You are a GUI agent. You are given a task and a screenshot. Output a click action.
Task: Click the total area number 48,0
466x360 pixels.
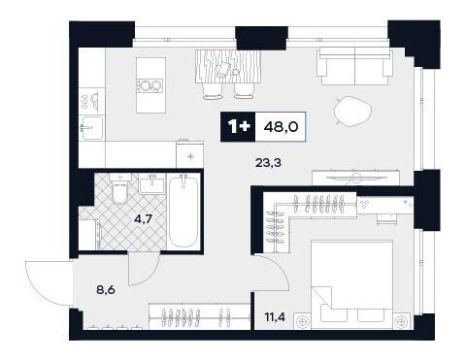(281, 127)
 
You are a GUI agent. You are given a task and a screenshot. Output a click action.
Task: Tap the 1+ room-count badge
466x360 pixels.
(238, 127)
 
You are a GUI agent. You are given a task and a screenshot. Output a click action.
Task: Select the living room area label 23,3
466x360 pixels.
(268, 163)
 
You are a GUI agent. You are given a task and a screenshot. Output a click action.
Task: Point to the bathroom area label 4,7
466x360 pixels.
(144, 219)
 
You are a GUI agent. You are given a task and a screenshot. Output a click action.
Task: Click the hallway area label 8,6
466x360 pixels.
(106, 289)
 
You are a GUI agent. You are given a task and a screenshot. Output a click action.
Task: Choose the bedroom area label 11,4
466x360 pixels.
(275, 317)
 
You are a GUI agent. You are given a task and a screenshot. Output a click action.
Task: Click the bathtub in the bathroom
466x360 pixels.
(183, 211)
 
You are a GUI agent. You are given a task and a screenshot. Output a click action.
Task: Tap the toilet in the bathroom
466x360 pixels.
(119, 189)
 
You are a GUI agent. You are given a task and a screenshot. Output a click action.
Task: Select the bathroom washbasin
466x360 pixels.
(152, 183)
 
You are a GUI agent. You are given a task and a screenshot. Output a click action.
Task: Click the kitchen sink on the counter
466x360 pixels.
(92, 127)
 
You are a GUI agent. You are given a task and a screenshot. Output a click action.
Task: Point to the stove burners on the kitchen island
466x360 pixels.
(149, 86)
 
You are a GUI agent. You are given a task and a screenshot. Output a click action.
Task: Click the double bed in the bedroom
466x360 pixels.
(351, 284)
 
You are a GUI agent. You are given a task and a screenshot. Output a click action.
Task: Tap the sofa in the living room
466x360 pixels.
(355, 66)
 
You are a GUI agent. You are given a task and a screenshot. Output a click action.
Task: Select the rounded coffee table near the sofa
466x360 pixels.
(352, 112)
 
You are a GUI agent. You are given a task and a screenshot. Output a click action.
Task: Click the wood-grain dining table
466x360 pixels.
(228, 67)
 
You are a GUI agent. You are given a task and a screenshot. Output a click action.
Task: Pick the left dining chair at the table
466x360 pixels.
(213, 91)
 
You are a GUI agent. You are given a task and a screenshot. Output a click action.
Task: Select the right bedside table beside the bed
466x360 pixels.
(402, 321)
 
